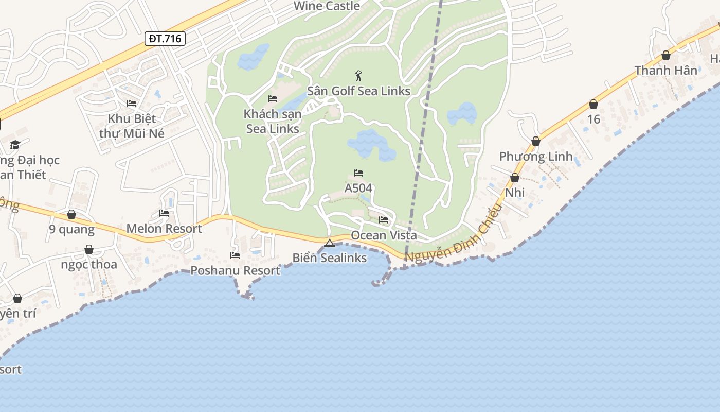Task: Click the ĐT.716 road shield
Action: [165, 39]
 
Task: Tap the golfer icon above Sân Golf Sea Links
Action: [358, 76]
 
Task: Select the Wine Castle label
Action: [327, 6]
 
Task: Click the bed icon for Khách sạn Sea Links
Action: [273, 99]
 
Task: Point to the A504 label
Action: [358, 188]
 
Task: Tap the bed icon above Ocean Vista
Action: [384, 220]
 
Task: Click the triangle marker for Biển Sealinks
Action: [330, 243]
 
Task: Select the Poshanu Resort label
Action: [235, 270]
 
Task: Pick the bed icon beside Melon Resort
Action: [164, 213]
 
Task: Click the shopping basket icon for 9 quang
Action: [71, 214]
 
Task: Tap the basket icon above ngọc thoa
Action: [89, 249]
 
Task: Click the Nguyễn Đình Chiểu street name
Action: [453, 233]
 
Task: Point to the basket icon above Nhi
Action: [515, 178]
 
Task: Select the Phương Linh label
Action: [536, 156]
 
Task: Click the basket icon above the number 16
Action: [593, 104]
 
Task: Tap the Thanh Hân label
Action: [665, 70]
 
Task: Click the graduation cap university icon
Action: [15, 145]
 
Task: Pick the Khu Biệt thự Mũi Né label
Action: [132, 126]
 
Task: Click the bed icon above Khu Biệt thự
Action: [132, 103]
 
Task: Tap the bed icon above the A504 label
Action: [358, 173]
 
